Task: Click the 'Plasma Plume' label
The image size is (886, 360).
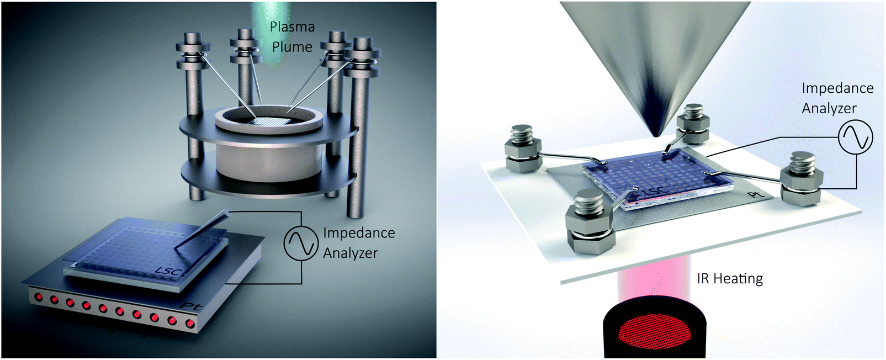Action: click(x=292, y=37)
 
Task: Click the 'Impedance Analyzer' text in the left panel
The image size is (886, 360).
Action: click(x=359, y=243)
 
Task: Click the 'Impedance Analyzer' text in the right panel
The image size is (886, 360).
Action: click(x=837, y=98)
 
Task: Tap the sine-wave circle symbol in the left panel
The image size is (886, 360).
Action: click(x=301, y=243)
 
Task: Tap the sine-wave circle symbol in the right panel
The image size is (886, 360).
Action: click(x=855, y=137)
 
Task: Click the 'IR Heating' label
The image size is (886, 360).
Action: click(x=729, y=278)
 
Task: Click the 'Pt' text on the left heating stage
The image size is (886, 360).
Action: click(x=193, y=305)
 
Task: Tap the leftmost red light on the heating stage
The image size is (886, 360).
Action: click(x=39, y=298)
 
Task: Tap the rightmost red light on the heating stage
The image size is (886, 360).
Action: click(x=189, y=323)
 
